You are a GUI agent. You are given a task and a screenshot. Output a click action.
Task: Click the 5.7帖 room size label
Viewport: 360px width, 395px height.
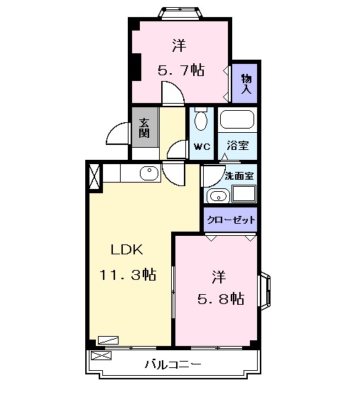coord(180,70)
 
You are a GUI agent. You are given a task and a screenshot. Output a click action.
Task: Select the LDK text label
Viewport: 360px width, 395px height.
coord(126,249)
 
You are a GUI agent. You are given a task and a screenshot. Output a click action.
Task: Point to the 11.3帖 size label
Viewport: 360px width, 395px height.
coord(127,274)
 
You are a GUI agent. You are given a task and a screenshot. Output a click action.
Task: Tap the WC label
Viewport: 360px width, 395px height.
coord(202,146)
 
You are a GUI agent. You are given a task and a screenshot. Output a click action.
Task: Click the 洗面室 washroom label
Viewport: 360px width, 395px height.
coord(240,175)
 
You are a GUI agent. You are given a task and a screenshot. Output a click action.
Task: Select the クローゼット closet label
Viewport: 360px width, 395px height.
coord(231,220)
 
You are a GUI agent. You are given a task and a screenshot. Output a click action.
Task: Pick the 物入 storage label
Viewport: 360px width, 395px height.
coord(246,82)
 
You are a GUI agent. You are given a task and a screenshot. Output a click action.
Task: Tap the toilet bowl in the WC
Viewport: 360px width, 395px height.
coord(202,121)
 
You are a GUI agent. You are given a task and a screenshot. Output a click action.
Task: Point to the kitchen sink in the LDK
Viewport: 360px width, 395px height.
coord(149,173)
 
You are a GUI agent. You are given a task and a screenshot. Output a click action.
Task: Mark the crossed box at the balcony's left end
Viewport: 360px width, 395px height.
coord(101,355)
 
